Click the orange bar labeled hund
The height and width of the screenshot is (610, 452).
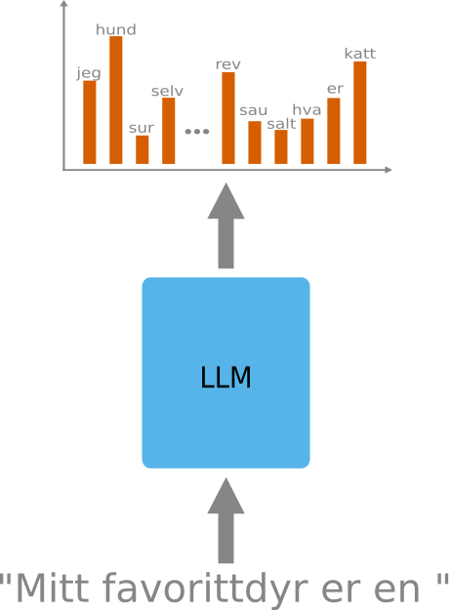(x=116, y=100)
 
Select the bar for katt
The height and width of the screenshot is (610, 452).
(x=360, y=112)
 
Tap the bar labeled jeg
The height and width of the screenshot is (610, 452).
(x=90, y=122)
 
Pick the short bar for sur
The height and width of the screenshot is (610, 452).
(x=142, y=149)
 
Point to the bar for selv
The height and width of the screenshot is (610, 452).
(x=169, y=131)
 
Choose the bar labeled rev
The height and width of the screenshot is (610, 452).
(x=228, y=118)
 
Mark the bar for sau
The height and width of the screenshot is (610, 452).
(x=255, y=142)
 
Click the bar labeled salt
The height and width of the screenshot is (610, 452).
(x=281, y=146)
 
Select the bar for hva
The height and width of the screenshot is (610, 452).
(x=308, y=142)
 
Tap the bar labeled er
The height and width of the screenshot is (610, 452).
(x=333, y=131)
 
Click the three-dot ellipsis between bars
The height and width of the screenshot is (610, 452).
(x=197, y=132)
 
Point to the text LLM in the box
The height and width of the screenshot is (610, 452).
(x=226, y=377)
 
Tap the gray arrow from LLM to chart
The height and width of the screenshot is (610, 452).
(x=226, y=225)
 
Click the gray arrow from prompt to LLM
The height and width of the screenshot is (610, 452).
(x=226, y=520)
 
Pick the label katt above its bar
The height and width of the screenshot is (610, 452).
(x=360, y=54)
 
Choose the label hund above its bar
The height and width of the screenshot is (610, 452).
(x=116, y=29)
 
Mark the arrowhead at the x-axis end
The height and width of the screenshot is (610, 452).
(x=389, y=170)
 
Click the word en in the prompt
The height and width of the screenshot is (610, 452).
(x=396, y=590)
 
